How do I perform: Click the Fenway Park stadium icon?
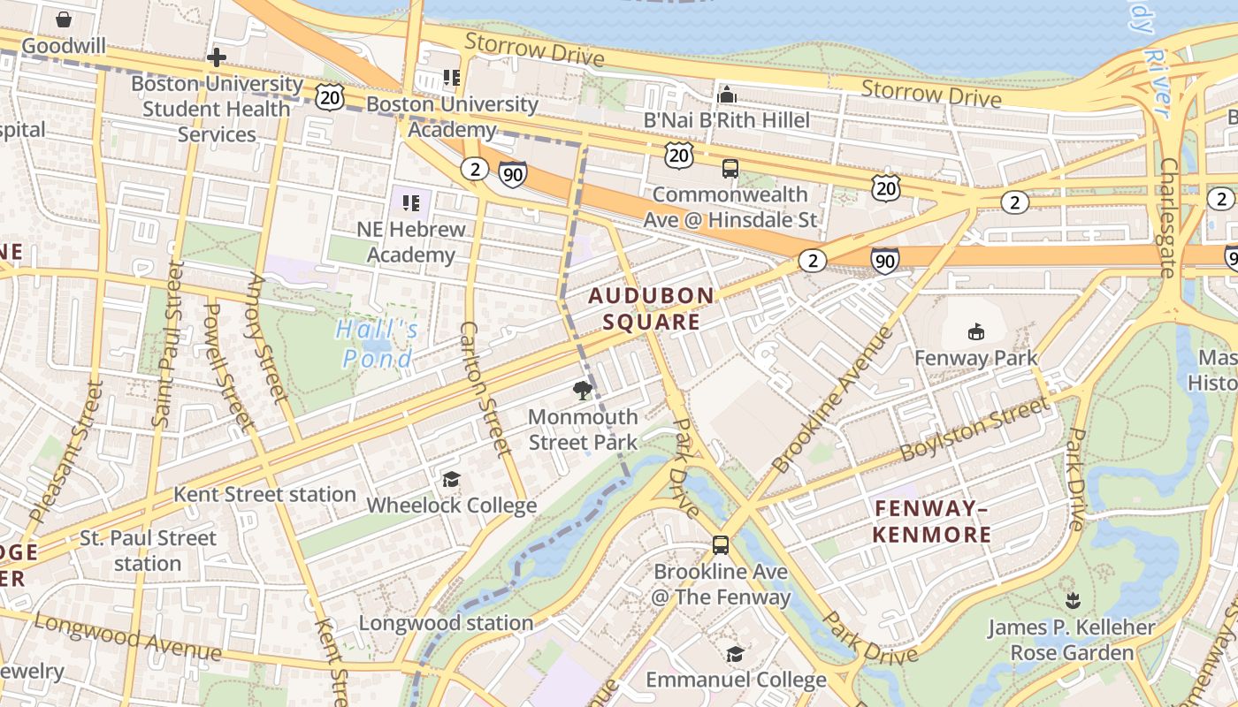point(975,332)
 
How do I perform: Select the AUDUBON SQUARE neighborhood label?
point(652,308)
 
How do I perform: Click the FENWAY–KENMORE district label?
point(932,521)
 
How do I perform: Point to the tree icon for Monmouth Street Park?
point(582,390)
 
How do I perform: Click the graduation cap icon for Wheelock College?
point(451,479)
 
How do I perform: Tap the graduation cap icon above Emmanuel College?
point(735,654)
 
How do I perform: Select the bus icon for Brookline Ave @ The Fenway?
point(721,545)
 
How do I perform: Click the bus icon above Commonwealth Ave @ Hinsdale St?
point(730,168)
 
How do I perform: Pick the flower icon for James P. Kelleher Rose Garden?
point(1073,601)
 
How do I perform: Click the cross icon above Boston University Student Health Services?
point(216,58)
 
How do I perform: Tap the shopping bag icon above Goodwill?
point(64,19)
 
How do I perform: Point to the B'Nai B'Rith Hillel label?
point(726,120)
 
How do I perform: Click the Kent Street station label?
point(264,494)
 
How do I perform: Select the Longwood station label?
point(446,623)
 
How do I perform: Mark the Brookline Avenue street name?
point(832,400)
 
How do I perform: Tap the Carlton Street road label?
point(485,389)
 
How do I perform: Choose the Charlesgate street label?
point(1169,217)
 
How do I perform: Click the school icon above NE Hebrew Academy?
point(410,203)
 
